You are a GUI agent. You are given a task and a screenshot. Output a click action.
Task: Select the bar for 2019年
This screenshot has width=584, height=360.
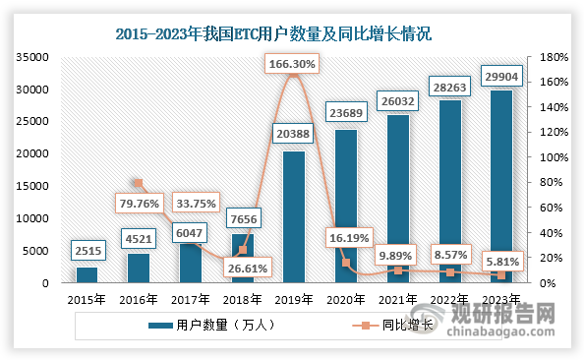293,216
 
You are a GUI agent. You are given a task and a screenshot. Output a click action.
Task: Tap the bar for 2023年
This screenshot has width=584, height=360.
500,187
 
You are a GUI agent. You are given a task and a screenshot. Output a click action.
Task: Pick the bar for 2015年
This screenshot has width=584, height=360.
87,274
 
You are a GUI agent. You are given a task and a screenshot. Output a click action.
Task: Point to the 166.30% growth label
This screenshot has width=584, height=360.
293,65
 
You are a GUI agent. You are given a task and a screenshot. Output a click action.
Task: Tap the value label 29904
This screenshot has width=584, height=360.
500,75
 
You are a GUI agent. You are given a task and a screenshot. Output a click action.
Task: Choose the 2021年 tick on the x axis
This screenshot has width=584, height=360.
397,298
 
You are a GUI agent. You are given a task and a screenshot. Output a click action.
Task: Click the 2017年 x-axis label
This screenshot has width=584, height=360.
190,298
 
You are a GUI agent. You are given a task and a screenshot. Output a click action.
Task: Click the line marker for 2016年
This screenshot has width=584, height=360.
139,183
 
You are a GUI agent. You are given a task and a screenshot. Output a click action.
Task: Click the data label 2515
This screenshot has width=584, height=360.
87,250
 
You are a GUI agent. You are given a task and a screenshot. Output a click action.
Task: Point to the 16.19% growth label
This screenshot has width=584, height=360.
345,237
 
